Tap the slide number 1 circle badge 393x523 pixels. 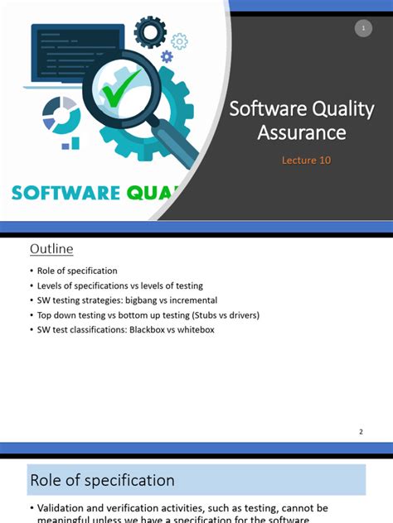(362, 28)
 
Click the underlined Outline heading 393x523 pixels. (51, 249)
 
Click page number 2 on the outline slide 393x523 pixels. (361, 431)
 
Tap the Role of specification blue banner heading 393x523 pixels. (102, 480)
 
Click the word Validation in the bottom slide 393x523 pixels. (63, 507)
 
